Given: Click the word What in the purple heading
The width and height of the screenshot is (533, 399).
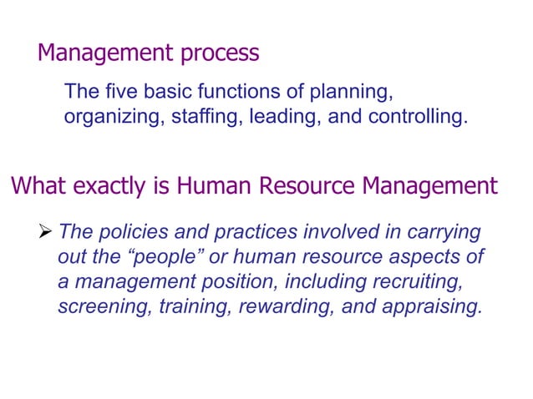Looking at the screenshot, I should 36,185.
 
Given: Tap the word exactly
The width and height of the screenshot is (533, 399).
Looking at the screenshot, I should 113,185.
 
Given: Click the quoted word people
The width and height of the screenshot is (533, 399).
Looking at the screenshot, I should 174,257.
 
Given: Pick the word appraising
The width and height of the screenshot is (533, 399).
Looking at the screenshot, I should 431,307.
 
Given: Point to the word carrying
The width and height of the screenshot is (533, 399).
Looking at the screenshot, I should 447,231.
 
